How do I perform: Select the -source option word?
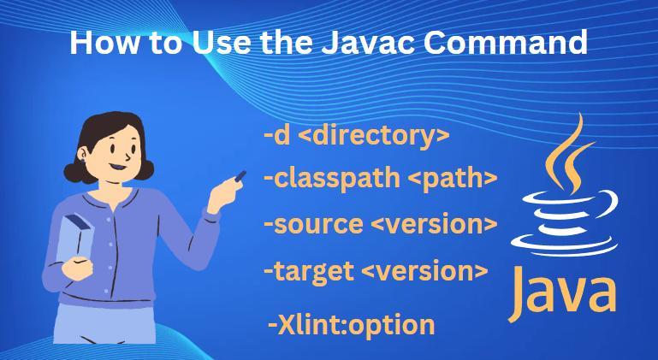click(x=313, y=225)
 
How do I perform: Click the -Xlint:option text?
click(x=352, y=325)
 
